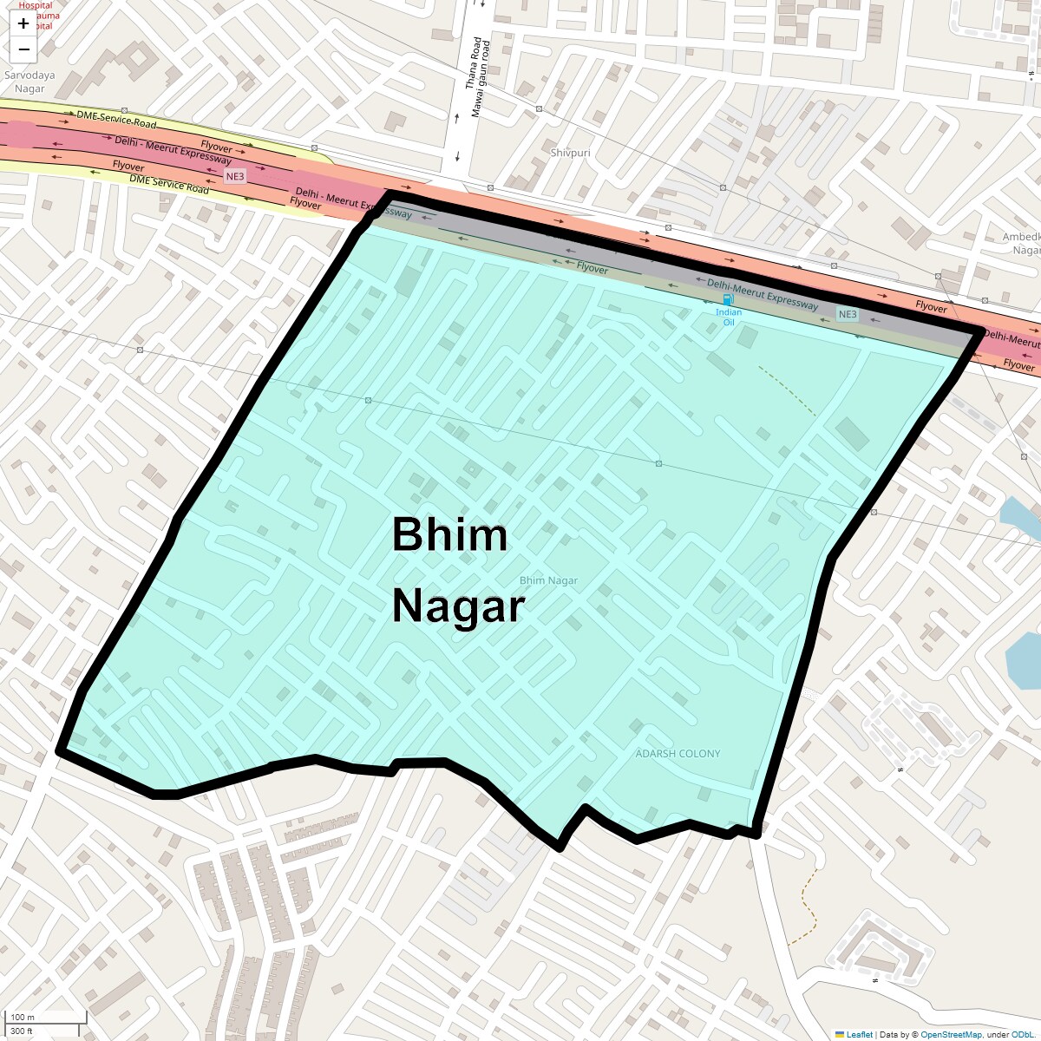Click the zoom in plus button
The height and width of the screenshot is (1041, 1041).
coord(23,23)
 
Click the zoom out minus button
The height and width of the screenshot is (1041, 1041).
coord(23,49)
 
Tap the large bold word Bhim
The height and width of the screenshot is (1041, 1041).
coord(449,534)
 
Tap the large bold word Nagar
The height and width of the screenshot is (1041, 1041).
coord(458,606)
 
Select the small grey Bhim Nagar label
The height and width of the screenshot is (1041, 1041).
coord(548,580)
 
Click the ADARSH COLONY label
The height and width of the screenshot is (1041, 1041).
coord(678,753)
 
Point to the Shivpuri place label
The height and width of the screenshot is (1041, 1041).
coord(570,153)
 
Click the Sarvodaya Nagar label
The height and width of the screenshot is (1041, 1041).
coord(29,82)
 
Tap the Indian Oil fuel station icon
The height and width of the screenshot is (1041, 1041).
coord(728,299)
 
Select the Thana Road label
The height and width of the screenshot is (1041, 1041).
coord(473,62)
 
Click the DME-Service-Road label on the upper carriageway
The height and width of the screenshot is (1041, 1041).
coord(116,118)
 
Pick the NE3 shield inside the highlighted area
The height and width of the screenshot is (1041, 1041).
coord(848,314)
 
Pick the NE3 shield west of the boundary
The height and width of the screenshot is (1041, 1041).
coord(235,176)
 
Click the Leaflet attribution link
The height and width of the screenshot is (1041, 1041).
coord(859,1034)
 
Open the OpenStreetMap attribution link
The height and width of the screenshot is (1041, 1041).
coord(951,1034)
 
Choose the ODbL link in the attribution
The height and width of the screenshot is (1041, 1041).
coord(1022,1034)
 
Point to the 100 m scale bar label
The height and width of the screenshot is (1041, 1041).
coord(23,1018)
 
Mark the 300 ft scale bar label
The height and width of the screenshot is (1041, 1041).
coord(22,1031)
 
